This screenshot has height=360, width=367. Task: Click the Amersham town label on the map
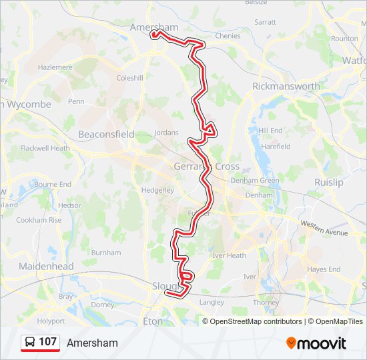coord(154,27)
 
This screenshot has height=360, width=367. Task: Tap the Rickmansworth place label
coord(286,87)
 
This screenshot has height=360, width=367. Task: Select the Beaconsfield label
coord(106,134)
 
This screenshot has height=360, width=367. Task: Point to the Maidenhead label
coord(46,267)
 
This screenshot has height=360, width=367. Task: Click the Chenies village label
coord(228,36)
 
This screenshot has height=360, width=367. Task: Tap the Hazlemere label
coord(55,67)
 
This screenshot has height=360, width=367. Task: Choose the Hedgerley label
coord(157,189)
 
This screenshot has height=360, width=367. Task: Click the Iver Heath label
coord(229,255)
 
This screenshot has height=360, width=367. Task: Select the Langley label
coord(212,302)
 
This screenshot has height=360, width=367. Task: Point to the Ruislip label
coord(328,182)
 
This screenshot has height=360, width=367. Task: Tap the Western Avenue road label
coord(324,228)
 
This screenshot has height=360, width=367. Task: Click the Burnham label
coord(106,253)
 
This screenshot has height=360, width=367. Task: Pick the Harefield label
coord(276,146)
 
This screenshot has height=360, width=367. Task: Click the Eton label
coord(153,321)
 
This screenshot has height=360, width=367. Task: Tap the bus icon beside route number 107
coord(30,343)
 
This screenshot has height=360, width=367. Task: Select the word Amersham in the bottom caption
coord(92,343)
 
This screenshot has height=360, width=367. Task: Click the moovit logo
coord(316,343)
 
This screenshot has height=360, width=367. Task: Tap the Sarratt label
coord(265,22)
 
